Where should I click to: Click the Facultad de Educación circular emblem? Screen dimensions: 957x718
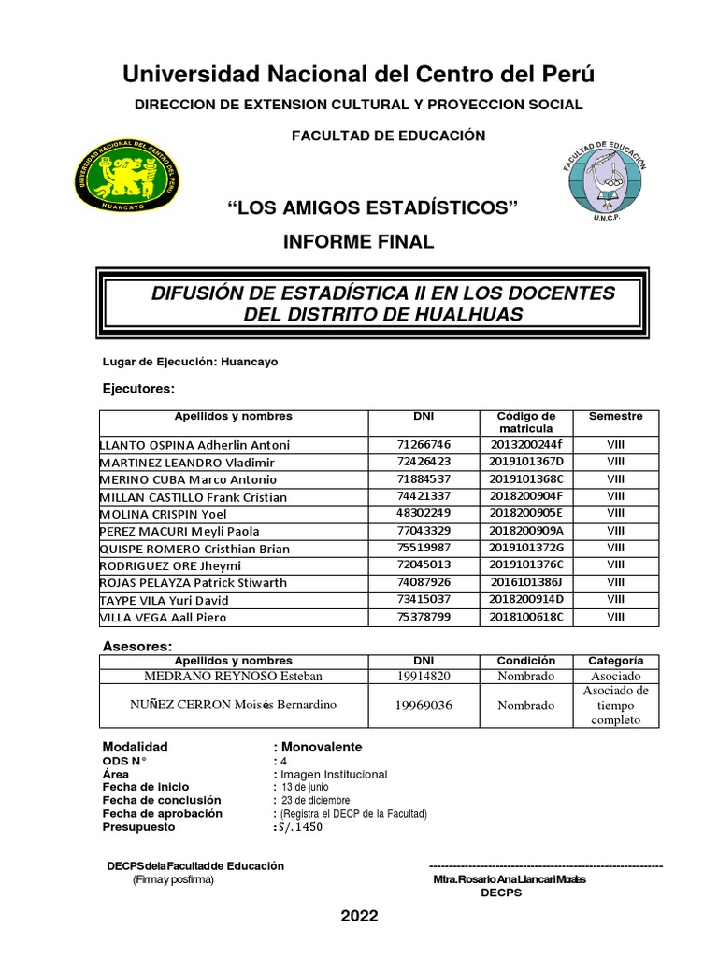click(x=603, y=180)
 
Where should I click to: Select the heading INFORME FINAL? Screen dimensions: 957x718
click(x=358, y=242)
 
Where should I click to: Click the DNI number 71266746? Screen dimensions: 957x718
click(x=424, y=445)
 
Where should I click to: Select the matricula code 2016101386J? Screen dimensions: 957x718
click(x=526, y=582)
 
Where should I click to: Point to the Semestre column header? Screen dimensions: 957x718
click(x=615, y=417)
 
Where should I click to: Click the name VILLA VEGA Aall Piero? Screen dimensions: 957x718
click(x=163, y=617)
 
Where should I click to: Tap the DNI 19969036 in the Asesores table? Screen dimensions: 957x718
click(x=424, y=706)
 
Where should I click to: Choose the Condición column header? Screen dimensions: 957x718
click(x=526, y=661)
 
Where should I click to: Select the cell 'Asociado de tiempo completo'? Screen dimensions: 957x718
click(x=615, y=706)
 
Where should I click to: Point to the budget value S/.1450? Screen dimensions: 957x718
click(x=297, y=827)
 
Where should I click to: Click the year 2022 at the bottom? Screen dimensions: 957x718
click(x=359, y=916)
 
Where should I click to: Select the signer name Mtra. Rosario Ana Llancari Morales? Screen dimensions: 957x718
click(x=510, y=879)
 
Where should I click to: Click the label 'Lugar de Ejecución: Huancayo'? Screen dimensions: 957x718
click(x=189, y=362)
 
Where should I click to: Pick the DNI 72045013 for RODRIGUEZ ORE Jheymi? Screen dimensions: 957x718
click(x=424, y=565)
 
